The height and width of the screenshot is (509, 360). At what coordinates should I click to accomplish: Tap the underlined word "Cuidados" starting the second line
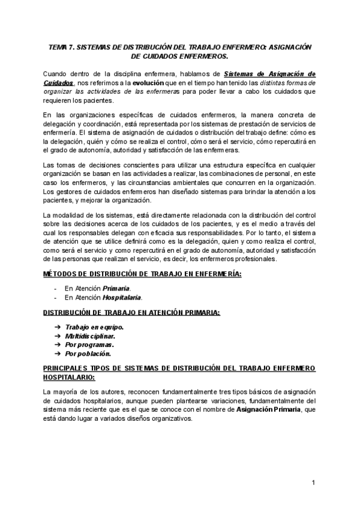(59, 82)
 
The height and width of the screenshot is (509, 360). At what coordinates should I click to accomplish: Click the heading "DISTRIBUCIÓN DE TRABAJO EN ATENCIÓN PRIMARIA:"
(131, 312)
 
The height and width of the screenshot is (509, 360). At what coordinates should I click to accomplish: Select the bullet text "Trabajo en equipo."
(94, 328)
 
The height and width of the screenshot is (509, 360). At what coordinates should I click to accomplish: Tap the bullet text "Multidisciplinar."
(91, 336)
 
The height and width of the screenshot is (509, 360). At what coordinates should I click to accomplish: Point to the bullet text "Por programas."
(89, 345)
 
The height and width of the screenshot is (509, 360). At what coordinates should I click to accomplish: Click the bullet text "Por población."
(89, 354)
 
